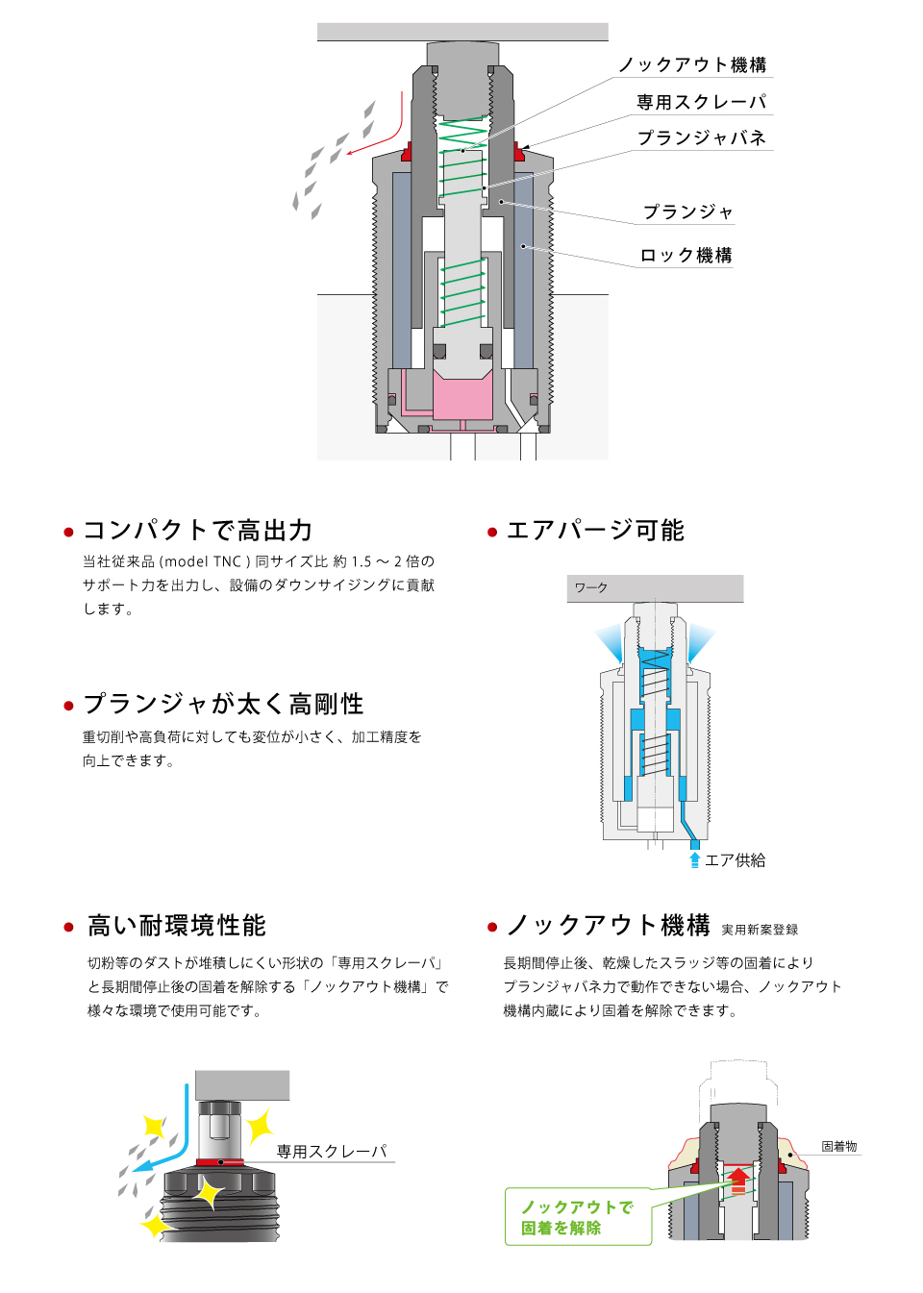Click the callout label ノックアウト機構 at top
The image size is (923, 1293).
tap(692, 64)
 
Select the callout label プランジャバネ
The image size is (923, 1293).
tap(702, 137)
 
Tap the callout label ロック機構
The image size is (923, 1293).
tap(686, 255)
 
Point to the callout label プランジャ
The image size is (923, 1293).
tap(688, 211)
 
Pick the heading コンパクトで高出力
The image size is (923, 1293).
tap(198, 531)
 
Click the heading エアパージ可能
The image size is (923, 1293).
tap(595, 531)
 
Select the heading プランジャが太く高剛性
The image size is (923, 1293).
tap(223, 704)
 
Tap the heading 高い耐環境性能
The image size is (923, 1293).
tap(177, 926)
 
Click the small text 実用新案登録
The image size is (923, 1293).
tap(760, 930)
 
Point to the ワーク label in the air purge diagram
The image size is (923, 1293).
tap(591, 587)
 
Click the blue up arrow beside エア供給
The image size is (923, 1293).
tap(695, 859)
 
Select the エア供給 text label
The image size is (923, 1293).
tap(736, 860)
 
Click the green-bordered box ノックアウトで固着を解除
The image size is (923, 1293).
tap(578, 1217)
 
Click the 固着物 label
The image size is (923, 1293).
tap(838, 1147)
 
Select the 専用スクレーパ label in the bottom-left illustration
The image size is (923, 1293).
tap(332, 1151)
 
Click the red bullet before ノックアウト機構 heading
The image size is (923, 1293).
tap(492, 928)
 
